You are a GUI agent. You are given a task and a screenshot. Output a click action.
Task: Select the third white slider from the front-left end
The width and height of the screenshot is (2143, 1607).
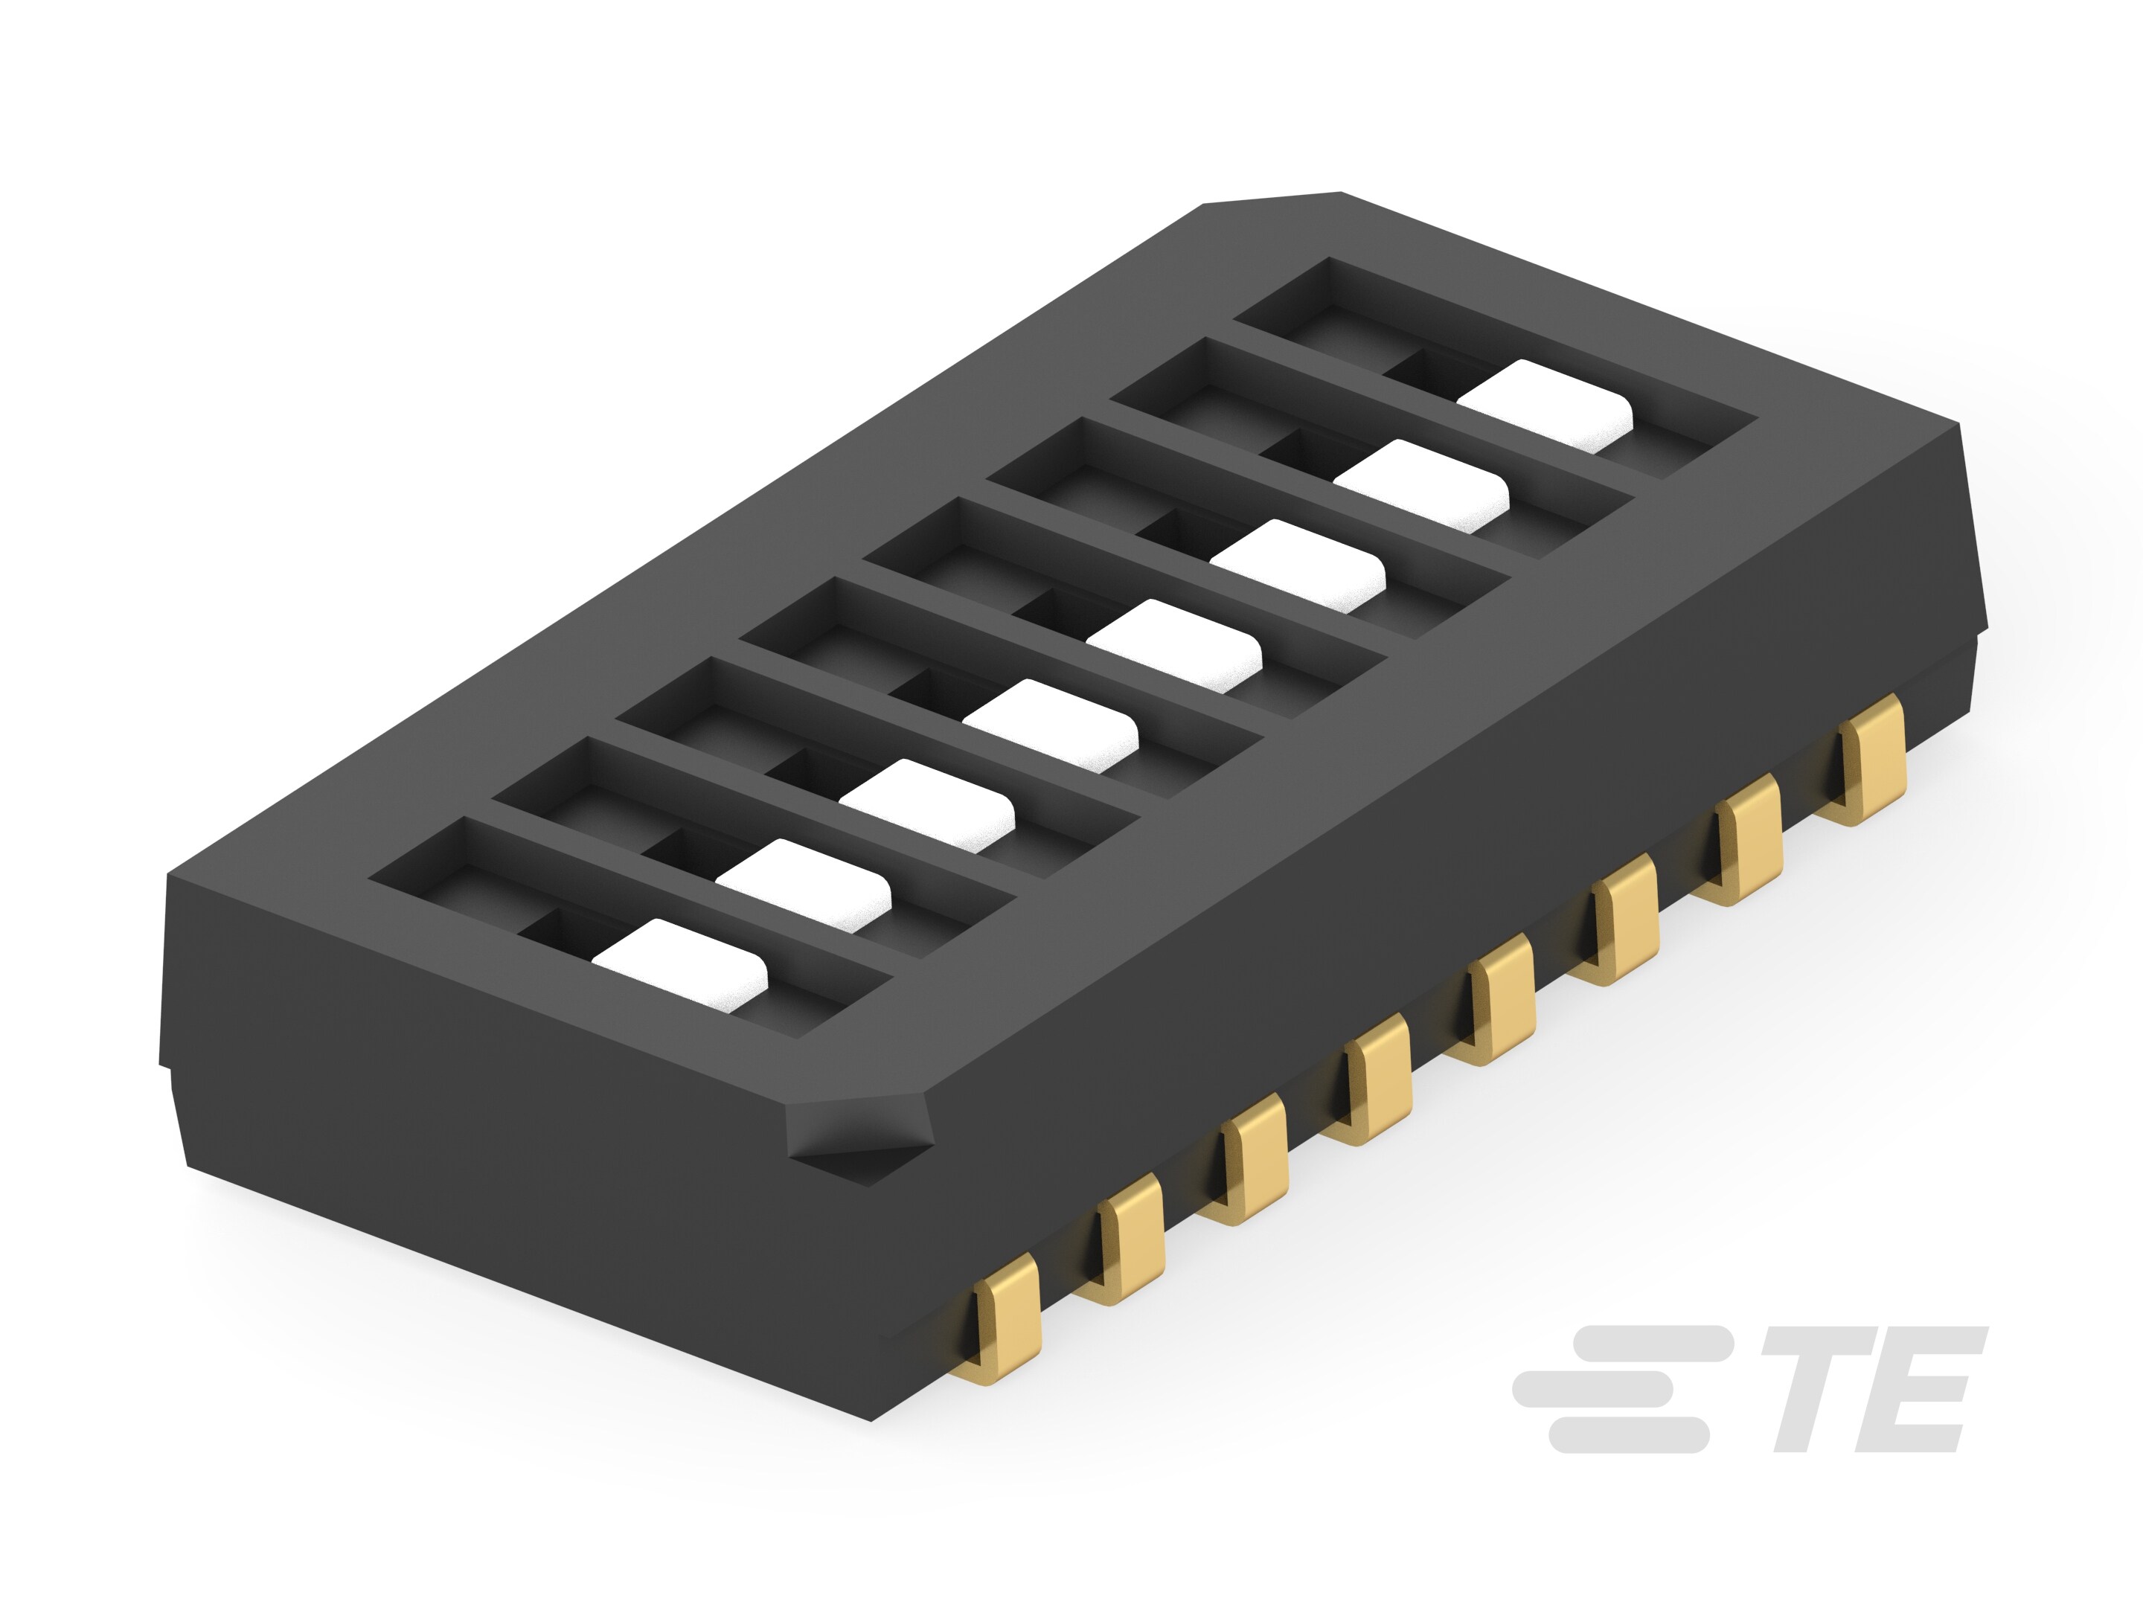927,805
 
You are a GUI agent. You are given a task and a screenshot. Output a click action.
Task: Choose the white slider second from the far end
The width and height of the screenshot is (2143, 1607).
1421,485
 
